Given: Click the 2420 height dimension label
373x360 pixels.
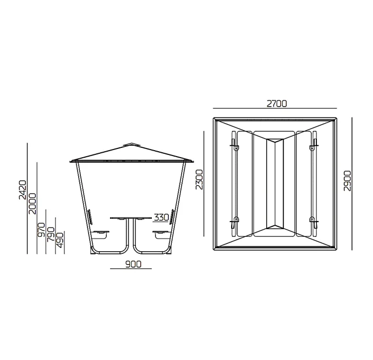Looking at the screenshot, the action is [23, 190].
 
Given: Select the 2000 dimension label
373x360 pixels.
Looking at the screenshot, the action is [32, 204].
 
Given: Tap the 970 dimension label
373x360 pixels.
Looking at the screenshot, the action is [41, 230].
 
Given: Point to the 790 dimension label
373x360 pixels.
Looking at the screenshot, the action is [51, 235].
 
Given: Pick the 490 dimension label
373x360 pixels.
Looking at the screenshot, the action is [60, 240].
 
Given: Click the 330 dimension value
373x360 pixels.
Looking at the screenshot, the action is [162, 217].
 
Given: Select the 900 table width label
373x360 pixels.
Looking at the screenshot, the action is [133, 264].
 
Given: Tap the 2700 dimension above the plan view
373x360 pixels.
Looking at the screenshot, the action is [277, 104].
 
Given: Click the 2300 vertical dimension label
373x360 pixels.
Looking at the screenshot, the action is [199, 179].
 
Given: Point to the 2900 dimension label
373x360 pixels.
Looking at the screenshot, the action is [348, 181].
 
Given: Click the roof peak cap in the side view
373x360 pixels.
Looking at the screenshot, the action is [130, 145].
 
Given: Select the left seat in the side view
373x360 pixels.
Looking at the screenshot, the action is [101, 234].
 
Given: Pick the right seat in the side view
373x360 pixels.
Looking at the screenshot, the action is [162, 234].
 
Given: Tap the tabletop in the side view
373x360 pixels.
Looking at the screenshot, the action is [131, 218].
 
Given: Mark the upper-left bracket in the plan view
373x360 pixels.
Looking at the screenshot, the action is [234, 144].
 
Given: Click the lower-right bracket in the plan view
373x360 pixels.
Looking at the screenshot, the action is [314, 223].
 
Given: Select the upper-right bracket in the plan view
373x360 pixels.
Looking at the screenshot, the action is [314, 144].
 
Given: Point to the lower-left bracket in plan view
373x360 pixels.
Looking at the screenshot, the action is [234, 223].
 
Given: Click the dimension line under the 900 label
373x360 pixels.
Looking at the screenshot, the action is [131, 269].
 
